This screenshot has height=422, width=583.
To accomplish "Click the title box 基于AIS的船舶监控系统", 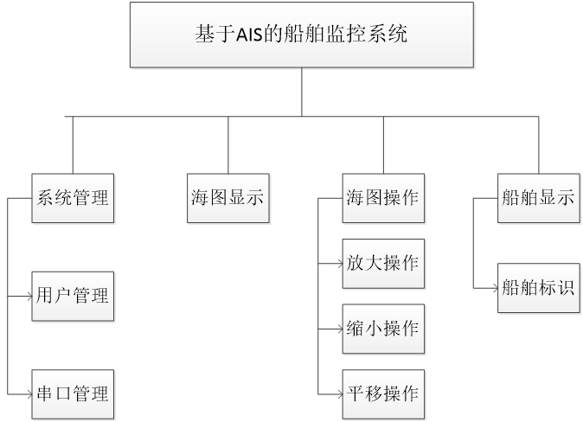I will coord(302,35).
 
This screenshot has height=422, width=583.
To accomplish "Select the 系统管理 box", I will coord(73,198).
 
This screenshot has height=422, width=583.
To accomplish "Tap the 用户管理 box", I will coord(73,296).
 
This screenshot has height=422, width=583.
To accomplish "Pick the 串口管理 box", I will coord(73,394).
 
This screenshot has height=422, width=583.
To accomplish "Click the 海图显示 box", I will coord(227,198).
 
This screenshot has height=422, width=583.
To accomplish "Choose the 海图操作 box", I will coord(382,198).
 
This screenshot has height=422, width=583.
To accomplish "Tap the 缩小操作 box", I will coord(382,329).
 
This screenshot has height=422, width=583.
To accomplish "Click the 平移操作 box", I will coord(382,394).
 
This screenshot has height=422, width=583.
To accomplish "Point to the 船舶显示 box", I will coord(537,198).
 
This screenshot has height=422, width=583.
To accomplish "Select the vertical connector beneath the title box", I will coord(302,91).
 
